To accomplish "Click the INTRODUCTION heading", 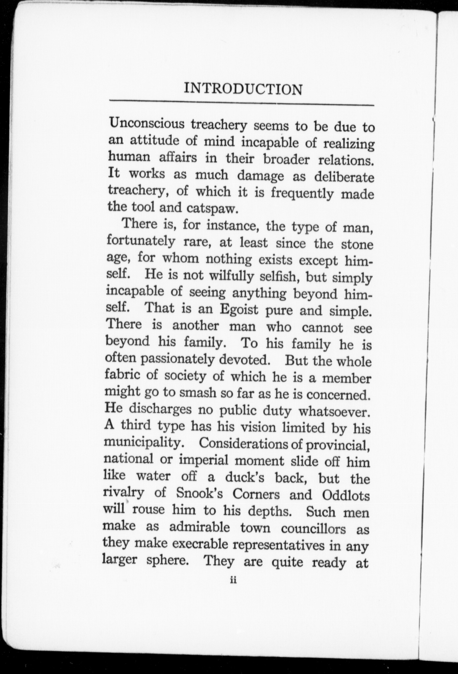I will (243, 89).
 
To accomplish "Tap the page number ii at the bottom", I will (234, 580).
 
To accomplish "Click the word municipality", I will (143, 442).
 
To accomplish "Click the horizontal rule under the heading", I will (242, 104).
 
